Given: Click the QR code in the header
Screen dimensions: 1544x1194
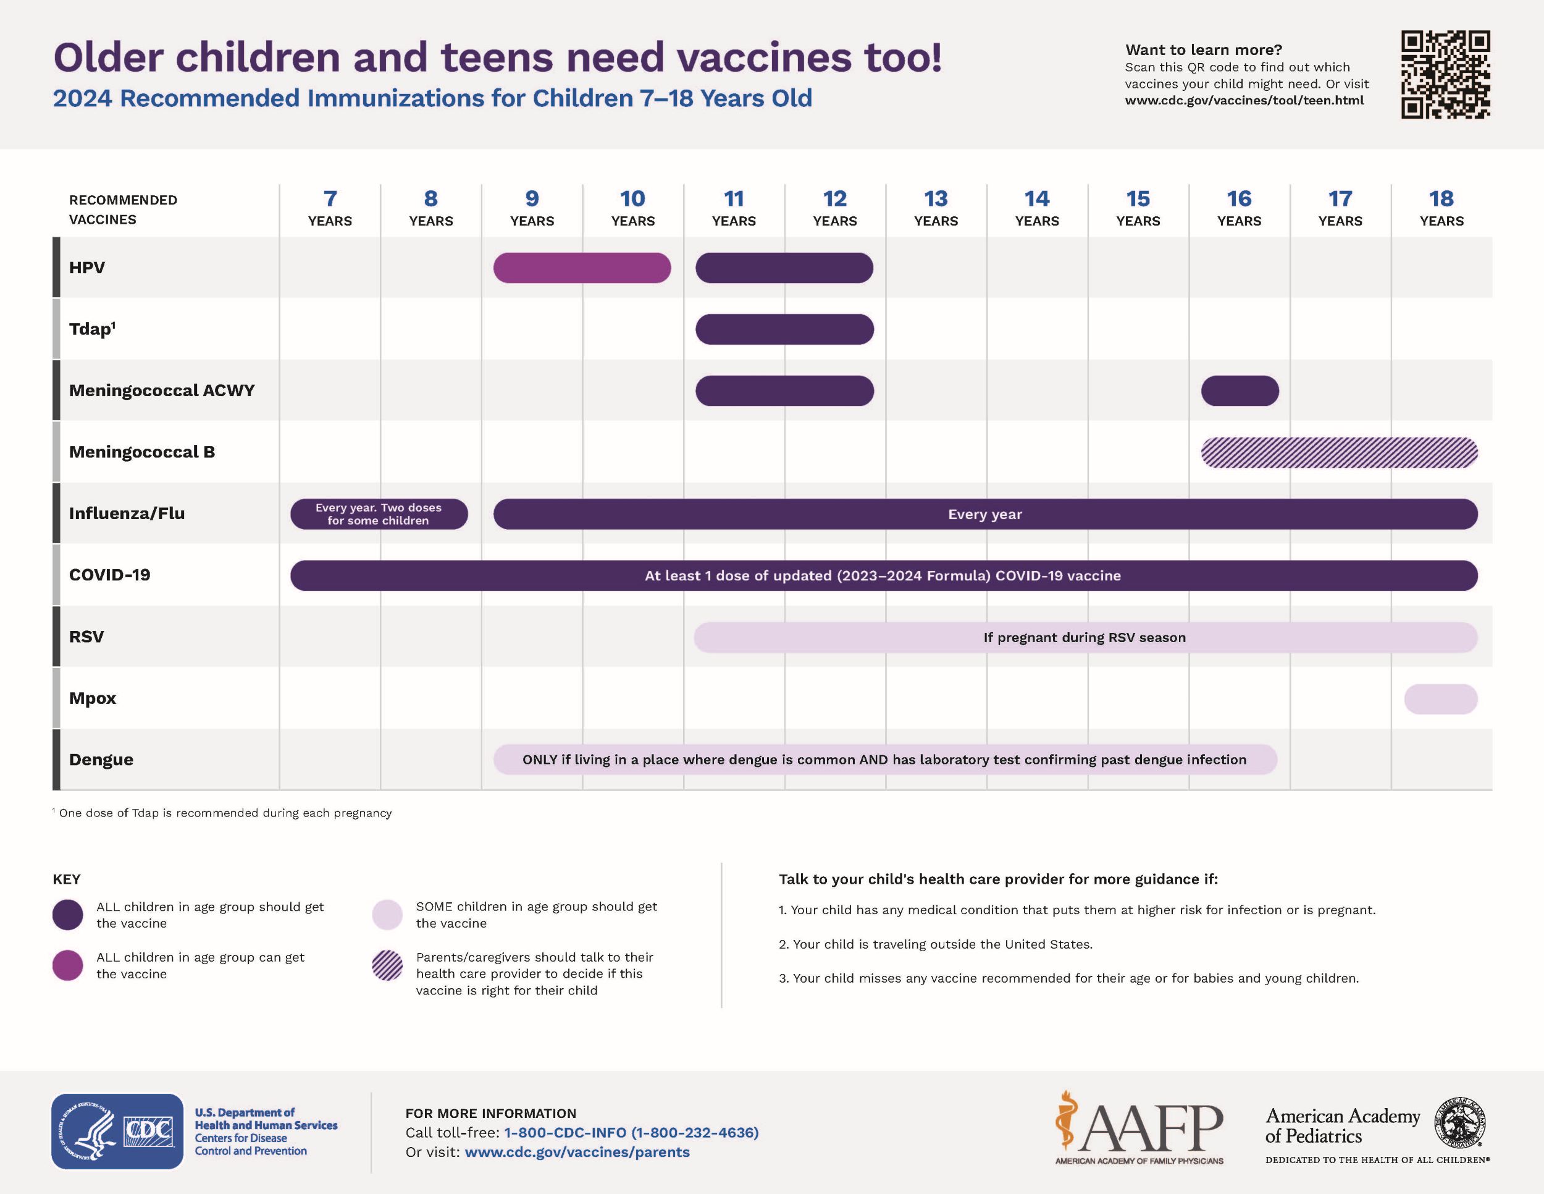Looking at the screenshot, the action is point(1446,74).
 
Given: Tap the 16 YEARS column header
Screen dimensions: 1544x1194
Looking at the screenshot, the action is point(1240,208).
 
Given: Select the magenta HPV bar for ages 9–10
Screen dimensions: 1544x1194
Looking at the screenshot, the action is point(582,268).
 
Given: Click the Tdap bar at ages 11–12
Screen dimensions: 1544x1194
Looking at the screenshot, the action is point(785,329).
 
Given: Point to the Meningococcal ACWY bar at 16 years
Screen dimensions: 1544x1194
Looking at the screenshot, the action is point(1240,391).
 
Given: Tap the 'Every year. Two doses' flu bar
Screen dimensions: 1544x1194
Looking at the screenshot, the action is point(379,514).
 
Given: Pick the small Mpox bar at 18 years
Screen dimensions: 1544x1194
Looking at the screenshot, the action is point(1441,699).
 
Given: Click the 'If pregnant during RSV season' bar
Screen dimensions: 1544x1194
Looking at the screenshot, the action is point(1085,637).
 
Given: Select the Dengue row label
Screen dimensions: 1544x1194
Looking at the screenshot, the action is point(101,760).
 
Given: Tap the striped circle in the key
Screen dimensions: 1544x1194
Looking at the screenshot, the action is point(387,965).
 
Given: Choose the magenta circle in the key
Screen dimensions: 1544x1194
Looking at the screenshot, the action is point(68,965).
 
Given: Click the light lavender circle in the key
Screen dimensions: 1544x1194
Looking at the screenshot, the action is point(387,915).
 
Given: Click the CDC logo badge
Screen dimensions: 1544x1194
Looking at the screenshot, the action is point(117,1132).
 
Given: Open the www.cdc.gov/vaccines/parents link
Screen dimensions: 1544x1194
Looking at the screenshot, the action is point(577,1152).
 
